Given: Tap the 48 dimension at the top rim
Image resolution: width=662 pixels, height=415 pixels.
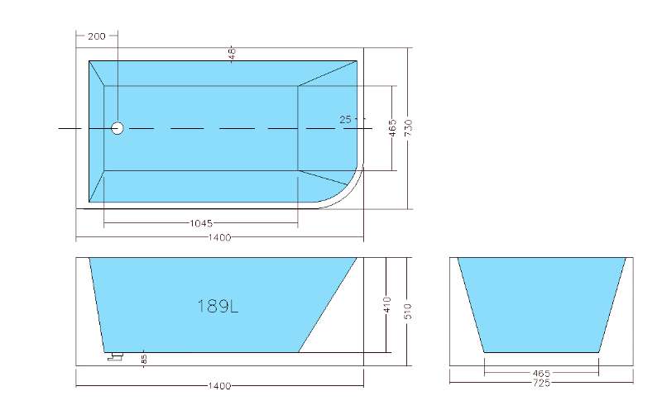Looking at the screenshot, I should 233,52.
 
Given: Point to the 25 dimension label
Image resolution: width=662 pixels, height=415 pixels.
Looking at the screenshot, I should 346,120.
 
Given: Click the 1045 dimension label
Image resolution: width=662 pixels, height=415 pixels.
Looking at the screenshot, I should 202,223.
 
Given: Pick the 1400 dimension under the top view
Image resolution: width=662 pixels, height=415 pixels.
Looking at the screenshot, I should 219,238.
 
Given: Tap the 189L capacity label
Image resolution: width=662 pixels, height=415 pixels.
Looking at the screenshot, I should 218,306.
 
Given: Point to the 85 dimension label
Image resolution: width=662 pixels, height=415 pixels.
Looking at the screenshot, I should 143,359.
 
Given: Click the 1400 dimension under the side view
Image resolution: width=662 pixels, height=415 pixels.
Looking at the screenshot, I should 219,386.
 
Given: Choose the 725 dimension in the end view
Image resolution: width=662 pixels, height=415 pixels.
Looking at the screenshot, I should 542,382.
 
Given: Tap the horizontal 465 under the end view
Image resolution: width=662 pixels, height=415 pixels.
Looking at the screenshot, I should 542,373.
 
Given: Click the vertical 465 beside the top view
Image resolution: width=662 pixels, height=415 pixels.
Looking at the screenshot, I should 393,128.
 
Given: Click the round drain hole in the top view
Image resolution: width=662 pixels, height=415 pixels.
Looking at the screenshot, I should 117,128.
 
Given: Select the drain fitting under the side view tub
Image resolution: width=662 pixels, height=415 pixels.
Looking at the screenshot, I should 114,356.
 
